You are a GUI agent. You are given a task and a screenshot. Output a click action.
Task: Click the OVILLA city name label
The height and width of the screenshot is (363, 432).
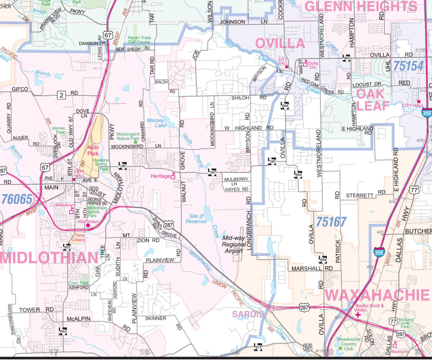pos(280,44)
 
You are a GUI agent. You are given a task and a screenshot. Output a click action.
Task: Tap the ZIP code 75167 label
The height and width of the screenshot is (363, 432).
pos(331,222)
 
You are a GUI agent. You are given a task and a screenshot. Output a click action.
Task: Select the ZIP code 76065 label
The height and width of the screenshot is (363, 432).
pos(17,199)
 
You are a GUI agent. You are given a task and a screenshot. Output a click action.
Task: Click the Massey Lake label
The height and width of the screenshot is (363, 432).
pos(156,123)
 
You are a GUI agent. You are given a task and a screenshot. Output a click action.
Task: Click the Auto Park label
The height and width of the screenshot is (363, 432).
pos(93,150)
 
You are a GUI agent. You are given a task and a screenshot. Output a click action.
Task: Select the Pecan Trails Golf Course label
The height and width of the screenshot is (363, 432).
pos(139,40)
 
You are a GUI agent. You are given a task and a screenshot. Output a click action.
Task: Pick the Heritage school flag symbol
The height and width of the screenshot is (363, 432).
pos(173,176)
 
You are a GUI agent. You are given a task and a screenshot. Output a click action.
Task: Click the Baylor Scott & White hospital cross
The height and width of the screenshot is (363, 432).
pos(358,315)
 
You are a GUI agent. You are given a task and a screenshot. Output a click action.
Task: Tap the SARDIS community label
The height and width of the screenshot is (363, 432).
pos(248,314)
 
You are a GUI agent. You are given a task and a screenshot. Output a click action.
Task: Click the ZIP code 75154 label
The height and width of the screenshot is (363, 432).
pos(408,66)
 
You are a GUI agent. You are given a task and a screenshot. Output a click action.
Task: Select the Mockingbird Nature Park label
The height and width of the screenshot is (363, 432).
pos(128,136)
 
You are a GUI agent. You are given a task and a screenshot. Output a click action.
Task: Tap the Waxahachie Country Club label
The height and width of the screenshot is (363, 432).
pos(349,344)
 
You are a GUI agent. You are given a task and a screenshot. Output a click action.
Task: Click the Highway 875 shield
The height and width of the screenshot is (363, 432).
pos(258,347)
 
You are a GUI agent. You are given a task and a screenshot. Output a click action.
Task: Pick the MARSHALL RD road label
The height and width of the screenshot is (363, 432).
pos(312,269)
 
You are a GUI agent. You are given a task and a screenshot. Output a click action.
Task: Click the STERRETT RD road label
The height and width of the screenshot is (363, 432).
pos(365,195)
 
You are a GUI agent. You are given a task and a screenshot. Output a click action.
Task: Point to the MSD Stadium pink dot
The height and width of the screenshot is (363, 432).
pos(88,225)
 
